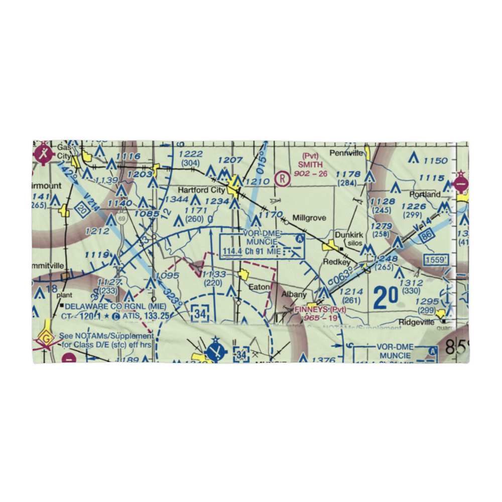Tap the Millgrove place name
tap(309, 218)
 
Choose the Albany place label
tap(294, 295)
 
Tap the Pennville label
tap(346, 153)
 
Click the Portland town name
tap(424, 194)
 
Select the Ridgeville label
tap(416, 322)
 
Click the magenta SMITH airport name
tap(311, 164)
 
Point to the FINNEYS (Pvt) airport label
tap(320, 309)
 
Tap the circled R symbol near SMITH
tap(284, 178)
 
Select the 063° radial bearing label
tap(343, 276)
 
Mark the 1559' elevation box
tap(435, 260)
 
